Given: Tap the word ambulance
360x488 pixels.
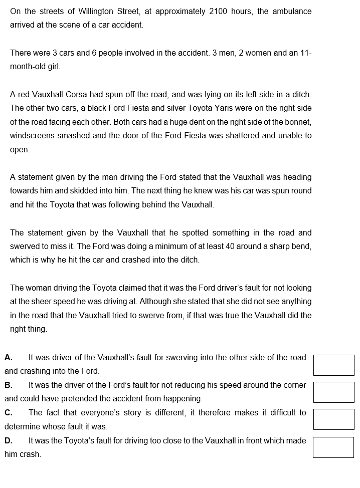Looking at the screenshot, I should tap(292, 11).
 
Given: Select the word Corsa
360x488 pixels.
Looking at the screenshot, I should tap(76, 94).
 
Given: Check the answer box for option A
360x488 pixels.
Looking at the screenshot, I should tap(333, 365).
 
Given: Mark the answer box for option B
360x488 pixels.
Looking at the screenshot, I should tap(333, 392).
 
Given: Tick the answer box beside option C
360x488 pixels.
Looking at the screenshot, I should tap(333, 419).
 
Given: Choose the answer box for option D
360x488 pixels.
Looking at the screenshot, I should tap(333, 447).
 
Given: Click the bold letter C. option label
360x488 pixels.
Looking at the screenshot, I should tap(9, 413).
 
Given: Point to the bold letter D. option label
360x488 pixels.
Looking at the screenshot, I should tap(9, 441).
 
